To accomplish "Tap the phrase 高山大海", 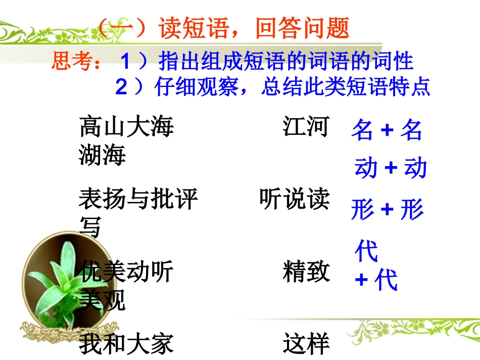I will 126,127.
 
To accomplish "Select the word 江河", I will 306,127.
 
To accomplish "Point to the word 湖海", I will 103,155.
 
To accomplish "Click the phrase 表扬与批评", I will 138,199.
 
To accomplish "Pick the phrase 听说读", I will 294,199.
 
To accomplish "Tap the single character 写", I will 90,227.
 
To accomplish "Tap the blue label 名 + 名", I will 387,130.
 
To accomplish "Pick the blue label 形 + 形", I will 387,210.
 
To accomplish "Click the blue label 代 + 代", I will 376,266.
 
